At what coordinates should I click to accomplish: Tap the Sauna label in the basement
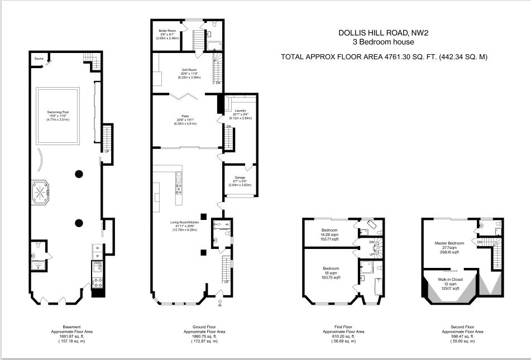coord(39,58)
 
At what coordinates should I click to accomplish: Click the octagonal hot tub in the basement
coord(42,192)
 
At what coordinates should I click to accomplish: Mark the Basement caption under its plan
coord(71,327)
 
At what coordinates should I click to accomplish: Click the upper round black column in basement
coord(79,174)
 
